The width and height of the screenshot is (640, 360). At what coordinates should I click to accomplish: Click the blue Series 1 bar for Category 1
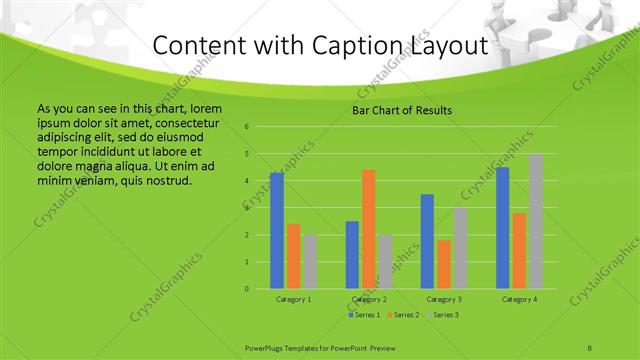click(277, 231)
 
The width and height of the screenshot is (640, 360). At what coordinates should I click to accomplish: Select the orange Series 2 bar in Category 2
click(369, 229)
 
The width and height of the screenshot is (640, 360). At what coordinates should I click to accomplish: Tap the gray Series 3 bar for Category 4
click(536, 221)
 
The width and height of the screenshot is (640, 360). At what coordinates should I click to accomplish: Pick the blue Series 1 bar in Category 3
click(427, 241)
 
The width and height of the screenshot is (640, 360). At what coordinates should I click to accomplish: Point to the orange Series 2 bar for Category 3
click(444, 264)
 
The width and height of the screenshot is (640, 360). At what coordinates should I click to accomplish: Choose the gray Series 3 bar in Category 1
click(310, 261)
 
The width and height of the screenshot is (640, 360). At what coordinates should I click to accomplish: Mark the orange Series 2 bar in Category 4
click(519, 251)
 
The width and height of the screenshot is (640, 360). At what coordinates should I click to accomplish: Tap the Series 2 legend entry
click(404, 315)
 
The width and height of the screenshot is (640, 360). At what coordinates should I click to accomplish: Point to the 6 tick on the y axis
click(246, 127)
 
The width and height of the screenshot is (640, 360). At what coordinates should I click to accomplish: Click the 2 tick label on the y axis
click(246, 235)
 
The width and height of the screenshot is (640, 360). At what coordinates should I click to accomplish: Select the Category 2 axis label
click(369, 299)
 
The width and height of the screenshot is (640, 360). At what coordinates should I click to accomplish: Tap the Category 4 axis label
click(519, 299)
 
